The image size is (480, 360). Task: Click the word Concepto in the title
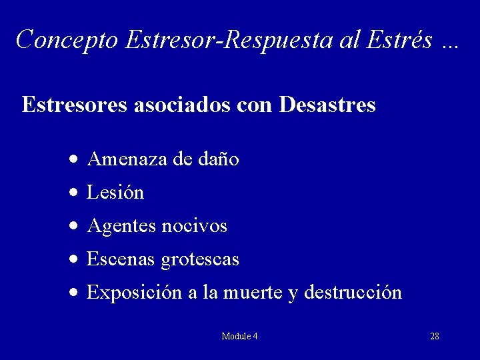click(67, 40)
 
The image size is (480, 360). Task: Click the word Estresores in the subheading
click(75, 105)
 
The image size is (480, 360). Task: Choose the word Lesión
click(115, 193)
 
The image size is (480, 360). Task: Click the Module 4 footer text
click(239, 336)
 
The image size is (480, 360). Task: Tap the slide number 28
click(434, 336)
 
